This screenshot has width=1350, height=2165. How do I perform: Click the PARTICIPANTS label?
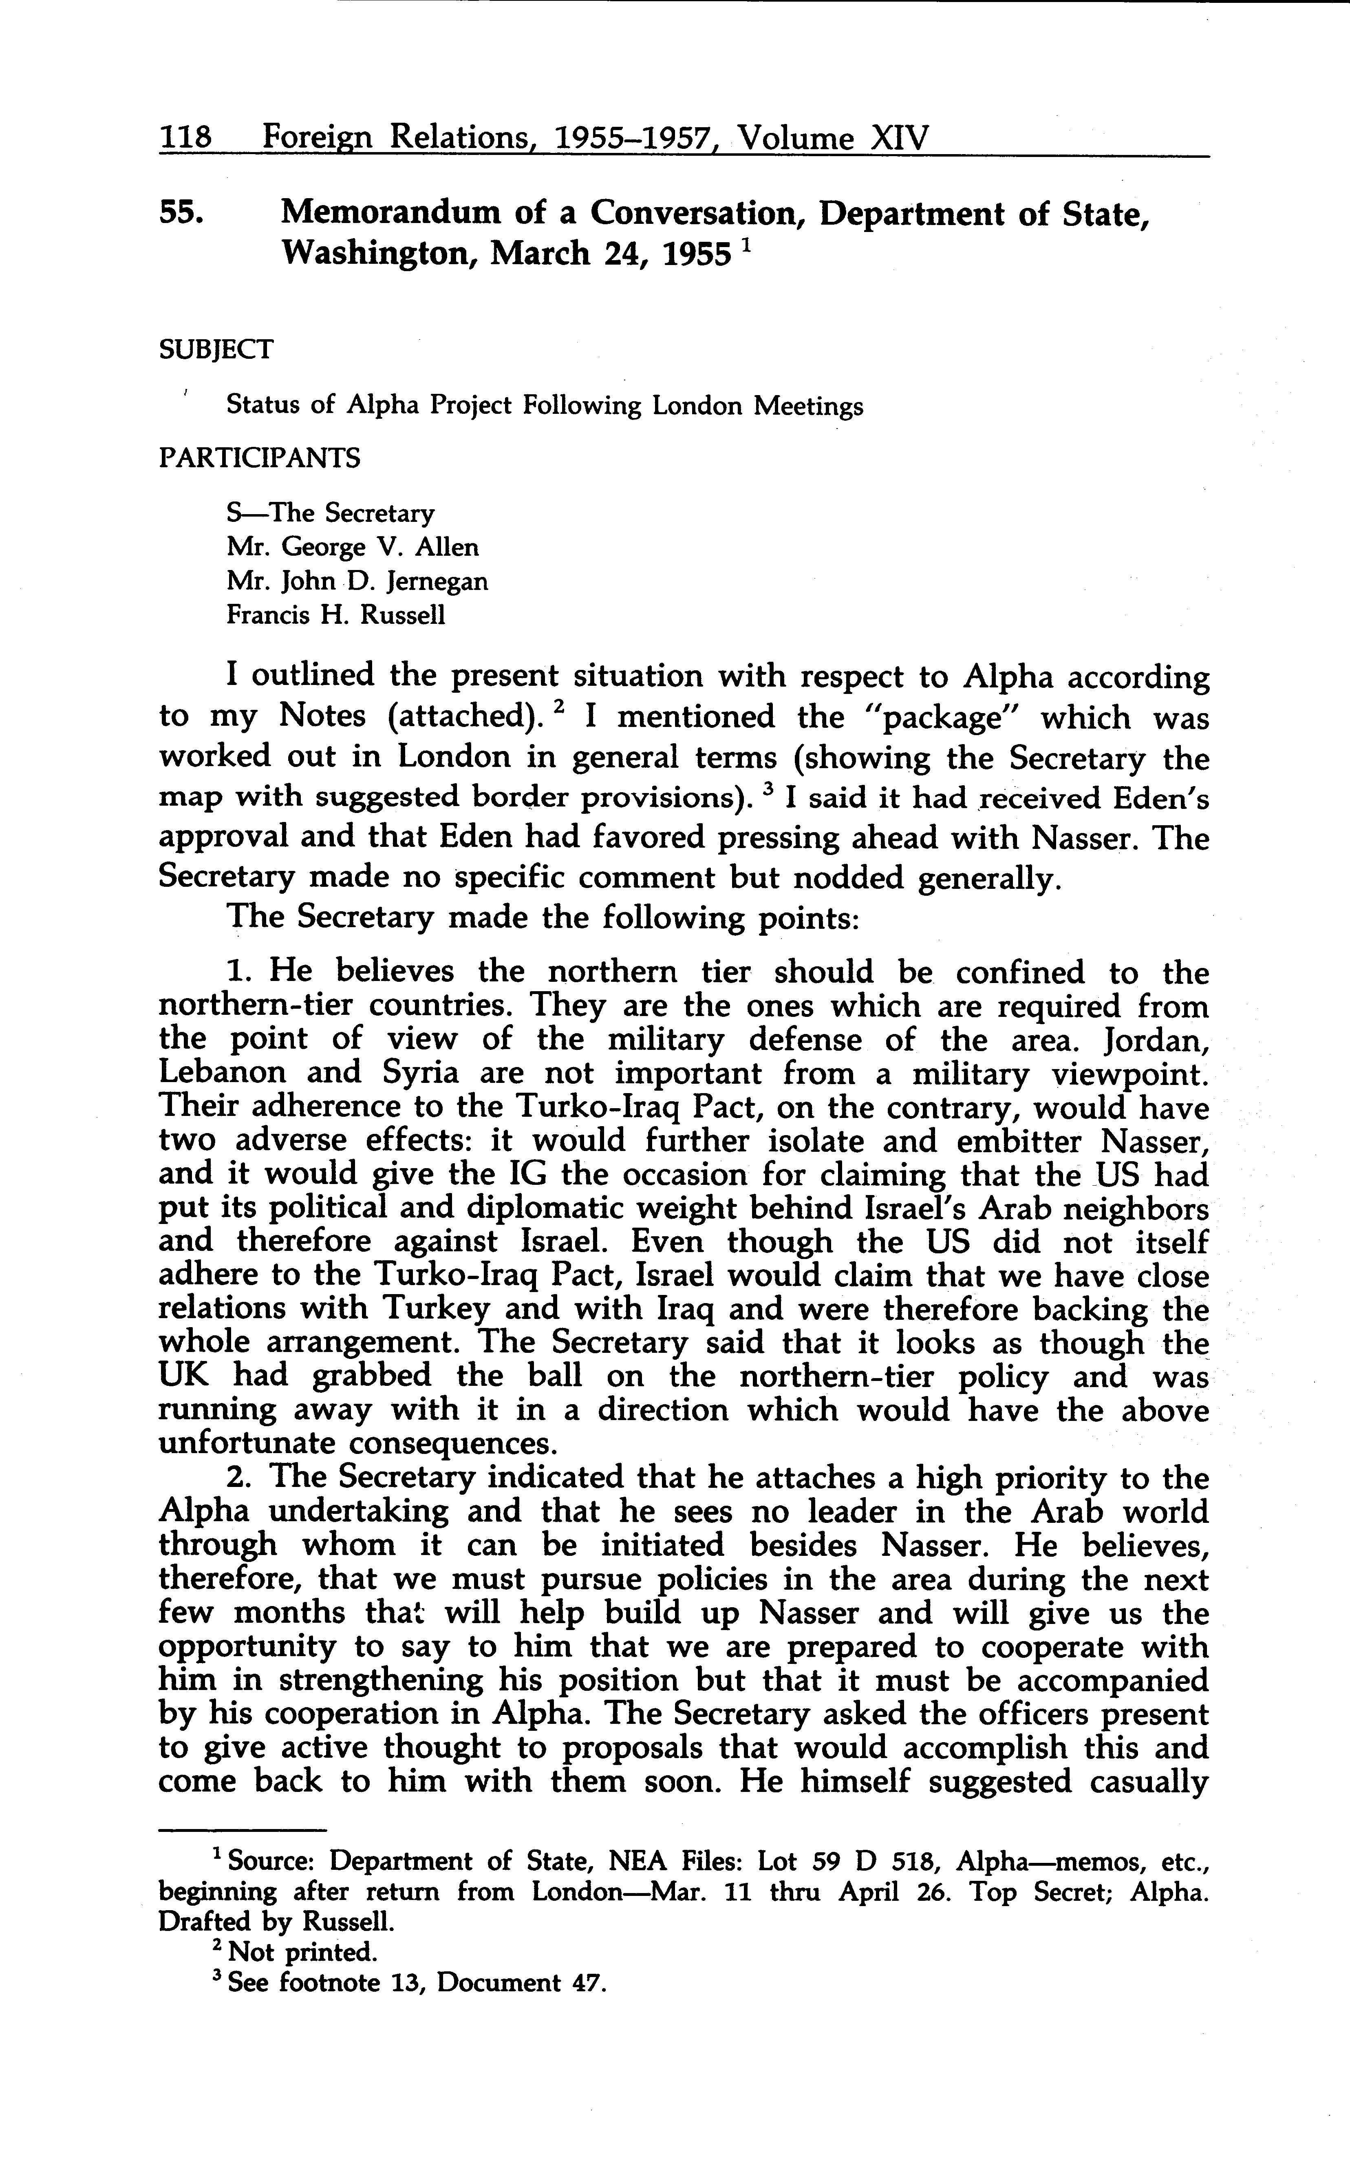click(x=259, y=458)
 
